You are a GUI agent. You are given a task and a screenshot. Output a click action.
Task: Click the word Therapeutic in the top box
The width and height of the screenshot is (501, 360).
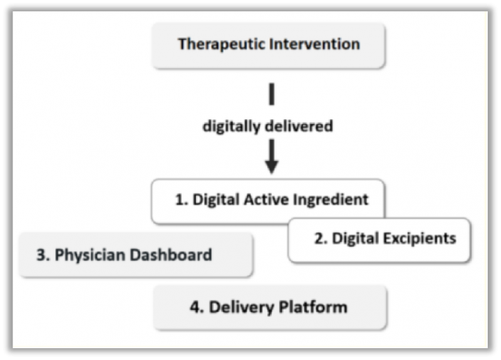tap(222, 44)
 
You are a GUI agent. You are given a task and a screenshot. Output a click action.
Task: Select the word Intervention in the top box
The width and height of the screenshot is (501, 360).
tap(315, 44)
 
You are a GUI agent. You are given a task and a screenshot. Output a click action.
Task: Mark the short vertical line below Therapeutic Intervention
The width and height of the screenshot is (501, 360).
tap(272, 94)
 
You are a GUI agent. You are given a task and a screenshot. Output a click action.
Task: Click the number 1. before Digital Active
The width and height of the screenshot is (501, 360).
tap(182, 200)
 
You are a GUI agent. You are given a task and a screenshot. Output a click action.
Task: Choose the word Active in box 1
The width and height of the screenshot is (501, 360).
tap(266, 200)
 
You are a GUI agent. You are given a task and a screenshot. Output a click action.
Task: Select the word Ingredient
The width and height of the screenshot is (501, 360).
tap(331, 200)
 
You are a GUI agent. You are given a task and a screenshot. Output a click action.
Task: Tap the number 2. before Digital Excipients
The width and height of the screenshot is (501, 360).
tap(321, 239)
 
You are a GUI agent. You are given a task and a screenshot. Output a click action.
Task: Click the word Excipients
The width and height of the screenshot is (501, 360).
tap(420, 239)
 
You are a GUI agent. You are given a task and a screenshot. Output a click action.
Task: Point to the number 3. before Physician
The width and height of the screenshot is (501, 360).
tap(43, 255)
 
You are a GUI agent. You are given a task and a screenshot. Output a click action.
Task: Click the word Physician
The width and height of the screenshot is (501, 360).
tap(90, 255)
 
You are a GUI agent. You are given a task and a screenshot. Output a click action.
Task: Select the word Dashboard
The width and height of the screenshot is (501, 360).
tap(171, 255)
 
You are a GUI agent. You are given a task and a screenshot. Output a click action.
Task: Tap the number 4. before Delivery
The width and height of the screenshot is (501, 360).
tap(197, 307)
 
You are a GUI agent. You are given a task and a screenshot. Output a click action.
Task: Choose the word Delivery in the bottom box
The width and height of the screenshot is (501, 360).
tap(242, 308)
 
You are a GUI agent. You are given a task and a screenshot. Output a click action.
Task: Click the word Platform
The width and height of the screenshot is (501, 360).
tap(313, 307)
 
